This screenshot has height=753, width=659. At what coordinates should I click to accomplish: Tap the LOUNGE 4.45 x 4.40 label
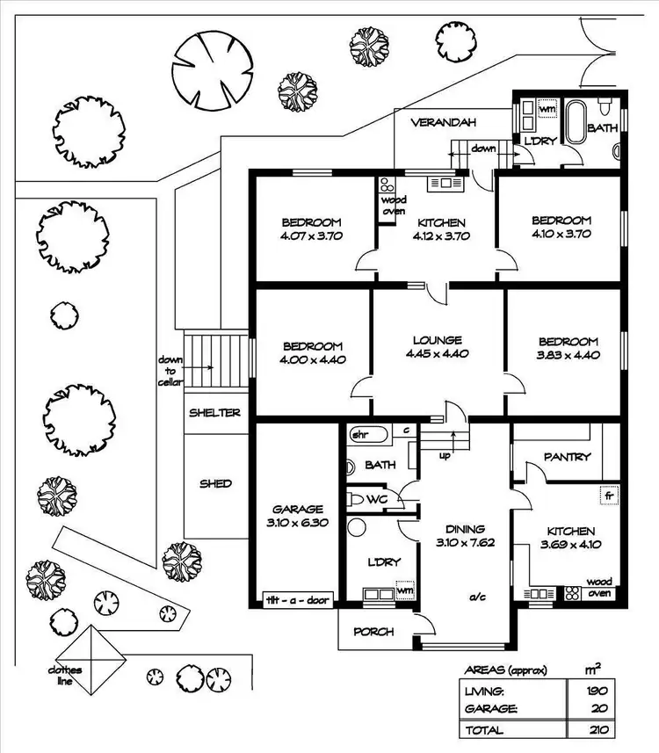tap(438, 347)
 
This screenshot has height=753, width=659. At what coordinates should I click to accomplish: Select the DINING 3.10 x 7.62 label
tap(464, 535)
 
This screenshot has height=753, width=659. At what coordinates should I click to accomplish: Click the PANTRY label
tap(567, 457)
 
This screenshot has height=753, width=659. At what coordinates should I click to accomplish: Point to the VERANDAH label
tap(440, 123)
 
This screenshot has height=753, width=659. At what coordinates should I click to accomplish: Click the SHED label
tap(215, 483)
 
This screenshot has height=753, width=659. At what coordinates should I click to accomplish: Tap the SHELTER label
tap(215, 412)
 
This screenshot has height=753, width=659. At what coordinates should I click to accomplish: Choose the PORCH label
tap(373, 632)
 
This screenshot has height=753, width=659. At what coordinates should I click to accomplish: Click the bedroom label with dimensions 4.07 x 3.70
tap(311, 228)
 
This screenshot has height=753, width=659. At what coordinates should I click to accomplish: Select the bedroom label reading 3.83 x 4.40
tap(568, 348)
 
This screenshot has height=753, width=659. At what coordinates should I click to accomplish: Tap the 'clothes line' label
tap(65, 676)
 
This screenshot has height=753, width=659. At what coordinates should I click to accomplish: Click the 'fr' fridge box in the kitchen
tap(606, 495)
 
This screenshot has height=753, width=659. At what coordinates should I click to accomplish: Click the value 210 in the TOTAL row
tap(601, 730)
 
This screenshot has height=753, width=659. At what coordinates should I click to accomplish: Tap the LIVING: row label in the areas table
tap(486, 691)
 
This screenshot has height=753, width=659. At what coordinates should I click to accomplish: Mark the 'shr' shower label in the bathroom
tap(359, 434)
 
